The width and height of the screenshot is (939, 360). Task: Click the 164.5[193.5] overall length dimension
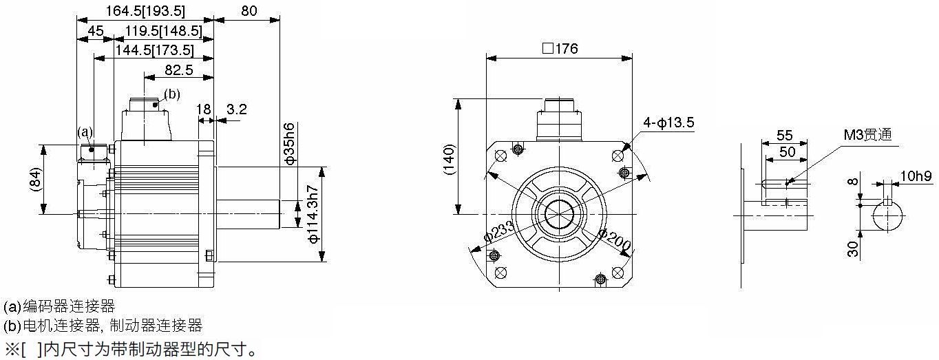pos(145,11)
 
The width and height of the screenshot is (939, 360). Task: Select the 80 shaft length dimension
pos(249,11)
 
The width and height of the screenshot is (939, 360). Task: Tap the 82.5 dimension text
pos(179,70)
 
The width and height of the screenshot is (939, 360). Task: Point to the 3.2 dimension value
pos(237,109)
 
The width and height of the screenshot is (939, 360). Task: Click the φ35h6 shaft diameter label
pos(289,143)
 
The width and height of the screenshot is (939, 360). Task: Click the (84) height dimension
pos(36,180)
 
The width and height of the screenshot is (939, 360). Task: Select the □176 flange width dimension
pos(560,49)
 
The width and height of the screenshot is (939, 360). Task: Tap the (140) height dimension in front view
pos(449,160)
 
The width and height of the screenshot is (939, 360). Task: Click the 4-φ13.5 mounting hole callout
pos(668,123)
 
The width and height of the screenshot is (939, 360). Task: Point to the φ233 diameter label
pos(499,232)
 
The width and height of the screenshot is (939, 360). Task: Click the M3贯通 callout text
pos(867,134)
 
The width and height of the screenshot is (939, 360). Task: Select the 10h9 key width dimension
pos(916,176)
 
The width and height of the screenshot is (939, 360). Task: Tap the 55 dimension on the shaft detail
pos(785,135)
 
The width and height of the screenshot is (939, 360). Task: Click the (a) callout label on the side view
pos(85,132)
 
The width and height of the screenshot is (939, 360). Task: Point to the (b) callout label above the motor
pos(172,94)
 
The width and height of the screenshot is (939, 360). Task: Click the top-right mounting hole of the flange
pos(618,156)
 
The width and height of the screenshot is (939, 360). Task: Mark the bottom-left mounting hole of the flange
pos(500,273)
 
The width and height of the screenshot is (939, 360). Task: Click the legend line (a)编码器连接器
pos(59,306)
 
